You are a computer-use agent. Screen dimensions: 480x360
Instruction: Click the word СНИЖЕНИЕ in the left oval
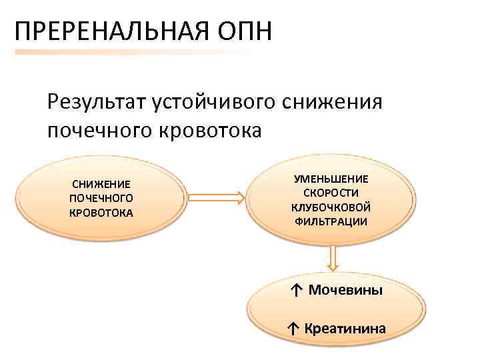click(x=101, y=184)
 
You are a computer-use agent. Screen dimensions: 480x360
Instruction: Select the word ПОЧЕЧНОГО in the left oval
click(x=101, y=199)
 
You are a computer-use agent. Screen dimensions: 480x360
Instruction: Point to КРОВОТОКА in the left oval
click(x=101, y=213)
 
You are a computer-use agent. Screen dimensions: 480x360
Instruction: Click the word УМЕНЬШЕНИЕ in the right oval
click(x=331, y=179)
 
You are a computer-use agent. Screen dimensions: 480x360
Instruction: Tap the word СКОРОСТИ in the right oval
click(x=331, y=193)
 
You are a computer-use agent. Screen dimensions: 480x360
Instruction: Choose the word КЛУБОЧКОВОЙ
click(x=331, y=207)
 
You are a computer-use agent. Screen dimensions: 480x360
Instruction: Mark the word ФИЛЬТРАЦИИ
click(x=331, y=221)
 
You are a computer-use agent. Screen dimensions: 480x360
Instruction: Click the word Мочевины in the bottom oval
click(x=345, y=291)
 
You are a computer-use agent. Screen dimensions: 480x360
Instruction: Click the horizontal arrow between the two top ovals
click(x=215, y=198)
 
